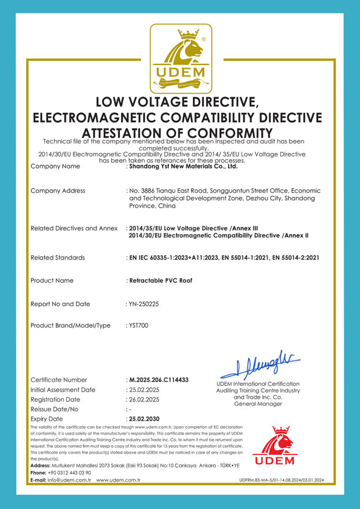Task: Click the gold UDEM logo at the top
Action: (180, 59)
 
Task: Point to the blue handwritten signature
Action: (260, 365)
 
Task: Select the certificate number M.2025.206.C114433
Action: (158, 380)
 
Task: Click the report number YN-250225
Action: (144, 304)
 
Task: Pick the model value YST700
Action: (139, 325)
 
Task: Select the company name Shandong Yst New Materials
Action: (183, 166)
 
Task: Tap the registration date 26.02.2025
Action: (144, 399)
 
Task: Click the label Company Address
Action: (58, 191)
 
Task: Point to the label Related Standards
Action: (58, 257)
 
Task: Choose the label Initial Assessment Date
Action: (63, 389)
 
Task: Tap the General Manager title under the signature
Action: (258, 404)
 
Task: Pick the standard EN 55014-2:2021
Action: (292, 257)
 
